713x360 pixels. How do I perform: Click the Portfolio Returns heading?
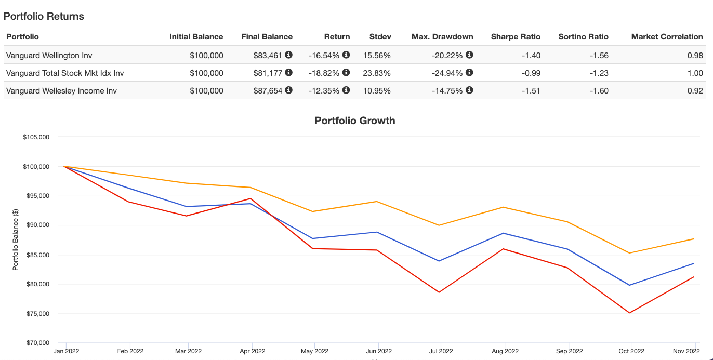tap(44, 16)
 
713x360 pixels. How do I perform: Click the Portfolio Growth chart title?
tap(355, 121)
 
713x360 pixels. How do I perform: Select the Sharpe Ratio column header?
tap(516, 37)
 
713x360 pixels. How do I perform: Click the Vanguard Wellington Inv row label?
tap(49, 55)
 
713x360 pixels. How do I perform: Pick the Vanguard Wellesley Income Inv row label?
tap(61, 90)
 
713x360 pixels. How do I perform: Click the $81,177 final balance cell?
tap(268, 73)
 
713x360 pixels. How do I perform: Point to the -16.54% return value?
tap(324, 55)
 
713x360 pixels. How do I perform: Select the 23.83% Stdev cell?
tap(380, 73)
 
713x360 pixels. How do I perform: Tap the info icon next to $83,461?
tap(288, 55)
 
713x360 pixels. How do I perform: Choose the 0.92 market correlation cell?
tap(695, 90)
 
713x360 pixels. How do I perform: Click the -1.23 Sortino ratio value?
tap(598, 73)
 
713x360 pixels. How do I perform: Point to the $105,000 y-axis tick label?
tap(36, 137)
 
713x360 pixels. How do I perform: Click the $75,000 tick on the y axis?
tap(37, 314)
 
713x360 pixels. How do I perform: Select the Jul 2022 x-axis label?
tap(440, 351)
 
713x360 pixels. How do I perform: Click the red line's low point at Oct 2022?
tap(630, 313)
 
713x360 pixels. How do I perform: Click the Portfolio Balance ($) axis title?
tap(16, 240)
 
